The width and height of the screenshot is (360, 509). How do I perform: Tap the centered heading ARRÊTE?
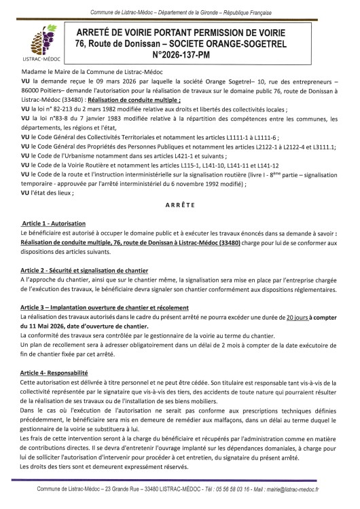pos(180,204)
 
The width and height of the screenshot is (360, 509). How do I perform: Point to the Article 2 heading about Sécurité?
pos(85,270)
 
